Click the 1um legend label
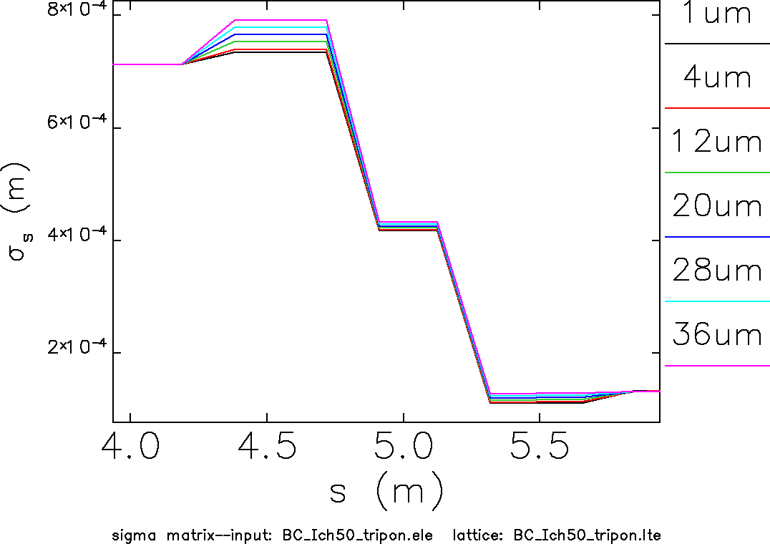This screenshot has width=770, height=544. click(717, 15)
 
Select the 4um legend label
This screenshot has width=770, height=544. click(717, 78)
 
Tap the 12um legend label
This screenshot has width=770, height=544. click(717, 142)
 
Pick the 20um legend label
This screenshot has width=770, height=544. click(717, 207)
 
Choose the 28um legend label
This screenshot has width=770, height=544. click(717, 271)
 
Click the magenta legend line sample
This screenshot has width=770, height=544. click(717, 366)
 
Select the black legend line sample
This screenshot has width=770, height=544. click(717, 44)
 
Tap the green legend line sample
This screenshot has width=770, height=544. click(717, 173)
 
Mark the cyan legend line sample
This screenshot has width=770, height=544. click(717, 301)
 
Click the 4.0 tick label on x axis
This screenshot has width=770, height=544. click(130, 449)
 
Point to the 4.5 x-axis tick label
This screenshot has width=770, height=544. click(267, 449)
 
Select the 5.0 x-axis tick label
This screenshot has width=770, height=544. click(403, 449)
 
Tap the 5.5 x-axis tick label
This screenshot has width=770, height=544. click(539, 449)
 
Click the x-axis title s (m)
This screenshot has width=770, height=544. click(386, 492)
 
